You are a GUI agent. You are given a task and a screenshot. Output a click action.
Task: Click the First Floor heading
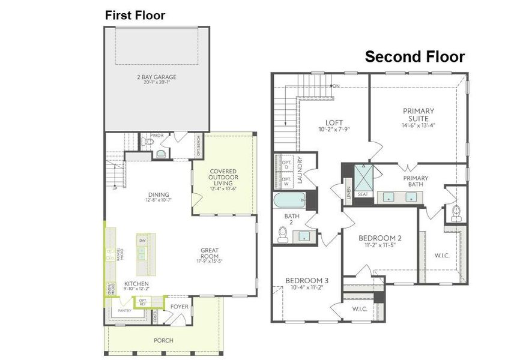click(x=135, y=16)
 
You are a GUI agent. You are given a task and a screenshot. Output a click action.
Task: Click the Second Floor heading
click(x=415, y=57)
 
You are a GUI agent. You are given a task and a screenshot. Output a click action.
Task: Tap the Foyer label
click(x=179, y=307)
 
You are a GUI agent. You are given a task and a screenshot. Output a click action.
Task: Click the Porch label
click(x=163, y=340)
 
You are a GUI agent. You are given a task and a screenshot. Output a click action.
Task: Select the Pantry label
click(x=124, y=311)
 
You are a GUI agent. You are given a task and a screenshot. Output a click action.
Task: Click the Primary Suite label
click(x=419, y=115)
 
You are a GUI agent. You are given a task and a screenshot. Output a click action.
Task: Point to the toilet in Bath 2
click(x=283, y=235)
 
